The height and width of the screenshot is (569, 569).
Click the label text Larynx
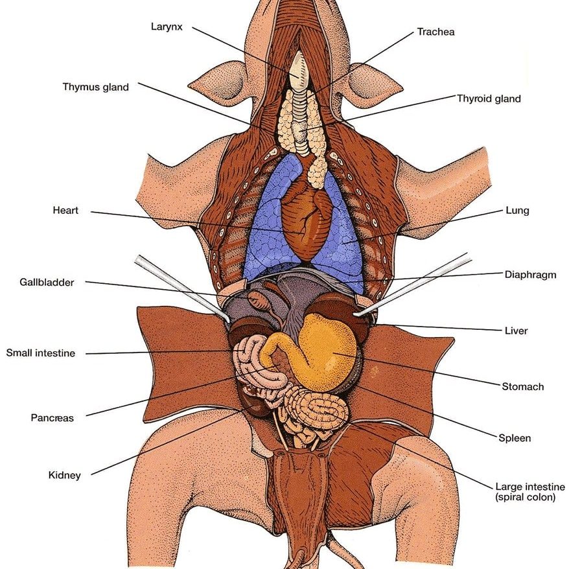click(167, 27)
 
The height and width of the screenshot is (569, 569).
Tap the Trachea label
click(435, 32)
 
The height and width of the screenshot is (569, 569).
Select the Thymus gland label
click(96, 87)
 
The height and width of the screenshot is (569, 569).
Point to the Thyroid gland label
click(489, 99)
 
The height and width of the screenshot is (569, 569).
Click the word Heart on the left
click(65, 211)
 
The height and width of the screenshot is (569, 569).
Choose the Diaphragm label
click(530, 274)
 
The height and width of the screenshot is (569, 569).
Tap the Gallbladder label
click(47, 283)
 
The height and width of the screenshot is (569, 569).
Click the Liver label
click(516, 331)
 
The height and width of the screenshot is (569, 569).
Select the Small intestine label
click(41, 353)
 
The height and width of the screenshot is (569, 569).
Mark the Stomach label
click(522, 387)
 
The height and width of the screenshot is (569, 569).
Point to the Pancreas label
click(52, 418)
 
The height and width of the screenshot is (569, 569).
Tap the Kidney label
click(65, 475)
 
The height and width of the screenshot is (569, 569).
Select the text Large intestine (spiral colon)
click(529, 492)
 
